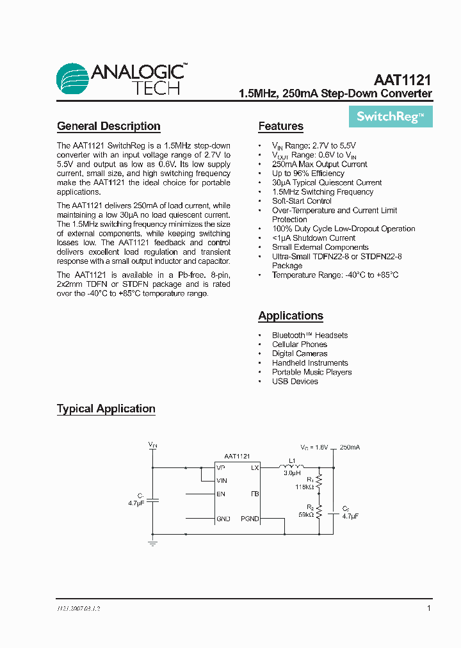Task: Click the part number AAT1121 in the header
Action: pyautogui.click(x=403, y=81)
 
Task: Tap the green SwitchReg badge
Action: pyautogui.click(x=391, y=117)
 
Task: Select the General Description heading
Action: pyautogui.click(x=108, y=126)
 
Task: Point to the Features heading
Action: pyautogui.click(x=280, y=126)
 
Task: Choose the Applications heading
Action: pyautogui.click(x=290, y=316)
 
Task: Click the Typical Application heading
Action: pyautogui.click(x=106, y=409)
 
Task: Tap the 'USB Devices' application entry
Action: pyautogui.click(x=295, y=381)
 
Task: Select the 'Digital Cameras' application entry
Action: pyautogui.click(x=299, y=353)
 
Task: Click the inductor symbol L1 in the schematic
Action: pyautogui.click(x=292, y=467)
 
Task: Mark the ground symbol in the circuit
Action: pyautogui.click(x=152, y=543)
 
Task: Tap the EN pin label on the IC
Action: pyautogui.click(x=221, y=494)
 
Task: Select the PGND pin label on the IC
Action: pyautogui.click(x=250, y=519)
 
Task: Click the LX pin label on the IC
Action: pyautogui.click(x=254, y=468)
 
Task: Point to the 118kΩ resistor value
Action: pyautogui.click(x=304, y=487)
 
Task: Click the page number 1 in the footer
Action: pyautogui.click(x=428, y=608)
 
